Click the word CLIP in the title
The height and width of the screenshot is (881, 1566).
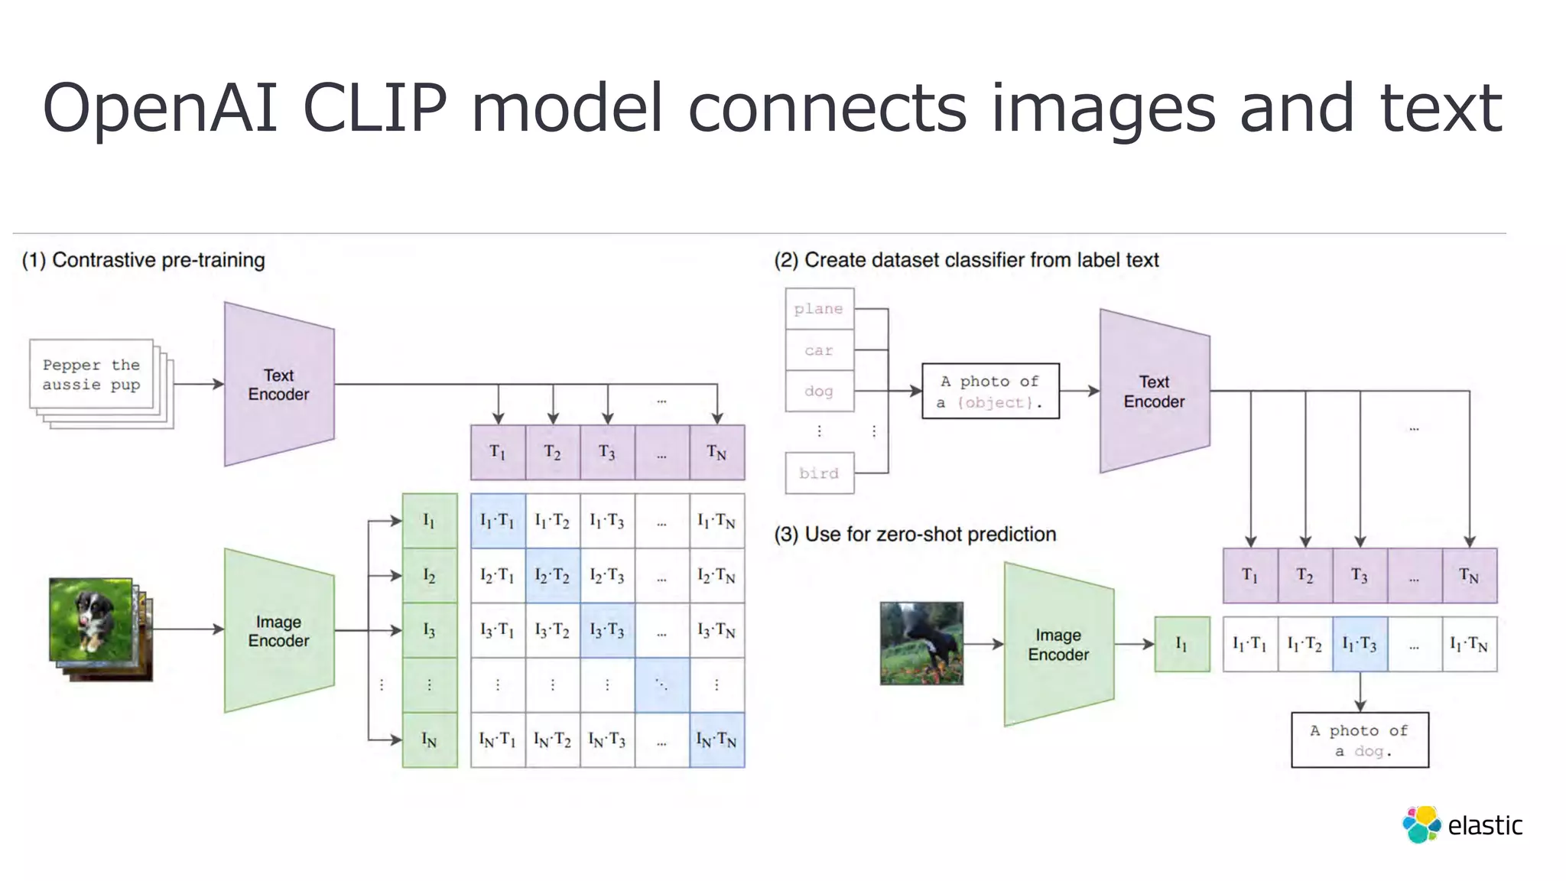pos(374,108)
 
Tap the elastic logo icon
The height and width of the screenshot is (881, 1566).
pos(1421,824)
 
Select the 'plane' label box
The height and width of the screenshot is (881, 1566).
pos(819,309)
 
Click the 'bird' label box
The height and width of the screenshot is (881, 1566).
pos(819,473)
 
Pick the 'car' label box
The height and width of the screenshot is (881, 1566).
pos(819,350)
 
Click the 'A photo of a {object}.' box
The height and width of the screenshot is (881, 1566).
pos(990,392)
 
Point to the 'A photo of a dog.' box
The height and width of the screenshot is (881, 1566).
pos(1360,740)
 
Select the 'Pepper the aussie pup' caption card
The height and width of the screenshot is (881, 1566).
pos(92,375)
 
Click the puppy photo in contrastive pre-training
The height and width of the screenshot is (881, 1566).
pos(91,619)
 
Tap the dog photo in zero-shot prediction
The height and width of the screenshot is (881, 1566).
pos(921,643)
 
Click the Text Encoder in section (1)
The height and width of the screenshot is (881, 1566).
pos(279,385)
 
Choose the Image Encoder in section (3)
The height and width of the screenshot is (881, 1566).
pos(1058,645)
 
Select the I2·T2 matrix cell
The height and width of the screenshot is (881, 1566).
pos(552,575)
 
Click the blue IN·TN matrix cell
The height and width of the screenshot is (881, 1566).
pos(716,740)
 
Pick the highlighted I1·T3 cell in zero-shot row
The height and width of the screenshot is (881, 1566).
pos(1360,645)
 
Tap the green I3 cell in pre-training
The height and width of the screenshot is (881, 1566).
pos(430,630)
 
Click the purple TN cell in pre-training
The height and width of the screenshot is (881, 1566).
pos(716,453)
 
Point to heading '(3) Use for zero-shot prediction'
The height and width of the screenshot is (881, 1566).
pos(915,534)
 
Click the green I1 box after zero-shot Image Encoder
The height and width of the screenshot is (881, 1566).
pos(1181,645)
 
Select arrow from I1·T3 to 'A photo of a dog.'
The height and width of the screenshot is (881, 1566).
pos(1360,691)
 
